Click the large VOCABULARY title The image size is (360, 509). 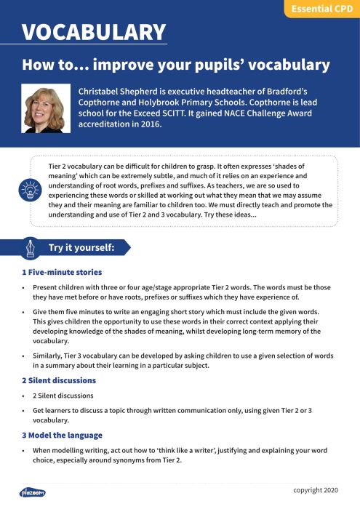(94, 32)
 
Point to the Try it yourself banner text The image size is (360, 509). (81, 247)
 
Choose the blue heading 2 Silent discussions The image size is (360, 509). (59, 380)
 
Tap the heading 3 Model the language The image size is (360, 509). (62, 435)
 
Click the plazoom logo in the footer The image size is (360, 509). (33, 492)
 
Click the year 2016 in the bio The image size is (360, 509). (148, 124)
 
